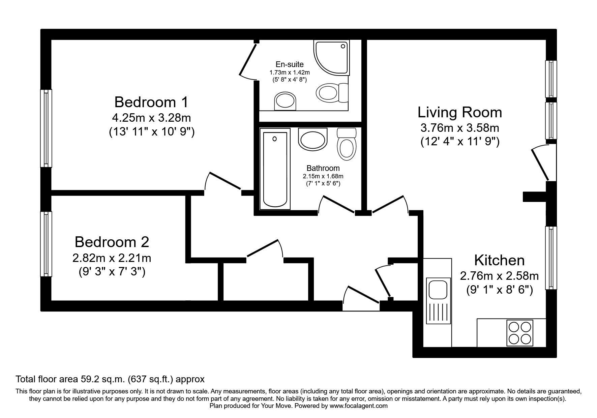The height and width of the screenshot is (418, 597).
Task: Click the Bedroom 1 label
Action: (151, 102)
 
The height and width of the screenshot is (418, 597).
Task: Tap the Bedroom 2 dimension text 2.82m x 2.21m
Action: (112, 258)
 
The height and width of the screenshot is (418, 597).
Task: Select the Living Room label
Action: (459, 112)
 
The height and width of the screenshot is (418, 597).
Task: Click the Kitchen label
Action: (499, 260)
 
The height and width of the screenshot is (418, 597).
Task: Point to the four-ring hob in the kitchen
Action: (520, 333)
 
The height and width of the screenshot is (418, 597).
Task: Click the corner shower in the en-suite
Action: (331, 58)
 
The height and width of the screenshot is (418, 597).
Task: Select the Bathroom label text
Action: (323, 168)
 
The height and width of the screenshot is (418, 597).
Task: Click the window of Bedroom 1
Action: (46, 128)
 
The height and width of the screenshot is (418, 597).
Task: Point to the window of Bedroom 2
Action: (46, 244)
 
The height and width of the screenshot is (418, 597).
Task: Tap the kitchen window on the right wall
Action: (551, 258)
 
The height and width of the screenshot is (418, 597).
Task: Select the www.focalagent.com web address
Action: (358, 406)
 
